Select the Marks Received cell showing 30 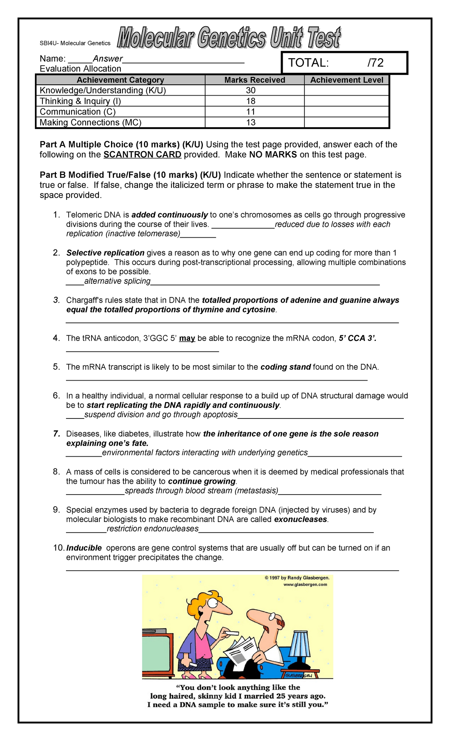[x=250, y=90]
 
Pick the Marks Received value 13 [x=250, y=122]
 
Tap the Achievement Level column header [x=346, y=80]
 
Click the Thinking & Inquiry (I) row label [x=80, y=101]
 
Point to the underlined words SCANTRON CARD [x=142, y=154]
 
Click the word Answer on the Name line [x=108, y=59]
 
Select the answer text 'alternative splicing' [x=117, y=281]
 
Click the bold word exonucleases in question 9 [x=300, y=519]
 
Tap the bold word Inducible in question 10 [x=84, y=548]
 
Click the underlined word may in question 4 [x=187, y=338]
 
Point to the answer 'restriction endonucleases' [x=153, y=529]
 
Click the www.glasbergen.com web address [x=305, y=584]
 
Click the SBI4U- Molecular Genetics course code [x=75, y=43]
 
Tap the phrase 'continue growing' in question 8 [x=201, y=481]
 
